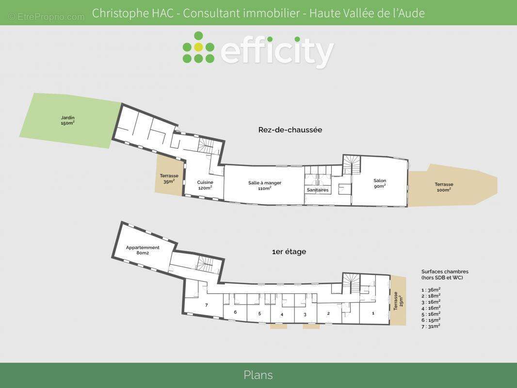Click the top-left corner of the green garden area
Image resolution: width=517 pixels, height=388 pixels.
pos(34,93)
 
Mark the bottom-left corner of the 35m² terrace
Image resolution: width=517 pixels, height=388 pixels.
pos(155,192)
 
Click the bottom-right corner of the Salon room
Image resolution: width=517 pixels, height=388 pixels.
pos(407,206)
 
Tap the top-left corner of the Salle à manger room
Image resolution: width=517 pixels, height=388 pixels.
pos(225,165)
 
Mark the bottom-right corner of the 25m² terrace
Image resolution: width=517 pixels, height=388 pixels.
pos(406,324)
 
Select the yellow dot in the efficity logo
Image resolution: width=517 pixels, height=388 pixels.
pos(198,47)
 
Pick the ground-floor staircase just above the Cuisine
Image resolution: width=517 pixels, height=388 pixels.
pos(206,145)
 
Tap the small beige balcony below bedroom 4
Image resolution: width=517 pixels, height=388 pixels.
pos(278,326)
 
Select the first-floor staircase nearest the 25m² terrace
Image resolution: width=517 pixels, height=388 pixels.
pos(351,284)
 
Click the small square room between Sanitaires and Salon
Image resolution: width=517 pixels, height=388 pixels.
pos(345,189)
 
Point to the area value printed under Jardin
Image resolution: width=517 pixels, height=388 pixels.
pos(67,123)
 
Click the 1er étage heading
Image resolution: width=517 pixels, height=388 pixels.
pos(289,252)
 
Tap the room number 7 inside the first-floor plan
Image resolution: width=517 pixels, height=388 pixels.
pos(207,305)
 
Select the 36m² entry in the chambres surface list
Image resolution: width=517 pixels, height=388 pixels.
pos(431,290)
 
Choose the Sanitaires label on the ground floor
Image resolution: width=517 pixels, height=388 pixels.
pos(318,190)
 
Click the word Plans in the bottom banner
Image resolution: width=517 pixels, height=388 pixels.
pos(258,375)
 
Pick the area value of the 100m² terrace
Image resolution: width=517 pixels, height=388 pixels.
pos(444,190)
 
